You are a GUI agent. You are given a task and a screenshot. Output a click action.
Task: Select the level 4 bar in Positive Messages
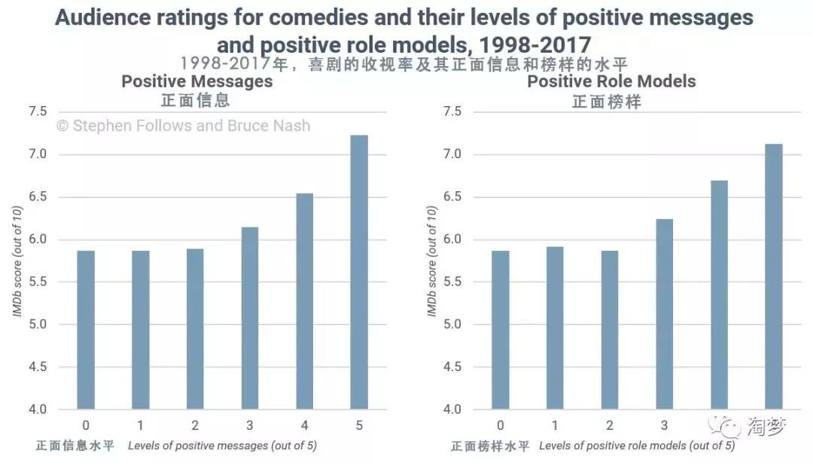(x=304, y=301)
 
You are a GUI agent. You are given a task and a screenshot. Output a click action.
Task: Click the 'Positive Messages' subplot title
(x=196, y=81)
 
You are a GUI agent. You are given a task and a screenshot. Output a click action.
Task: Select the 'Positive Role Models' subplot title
(x=611, y=81)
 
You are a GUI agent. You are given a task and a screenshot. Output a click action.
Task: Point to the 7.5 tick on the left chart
(x=37, y=112)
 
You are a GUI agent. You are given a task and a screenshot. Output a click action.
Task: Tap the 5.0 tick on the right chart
(x=452, y=325)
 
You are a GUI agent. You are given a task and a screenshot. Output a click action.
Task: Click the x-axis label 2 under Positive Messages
(x=195, y=425)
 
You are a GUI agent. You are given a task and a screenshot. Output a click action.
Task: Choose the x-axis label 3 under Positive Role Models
(x=664, y=425)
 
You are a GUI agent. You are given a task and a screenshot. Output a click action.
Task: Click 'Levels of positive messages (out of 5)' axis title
(x=222, y=446)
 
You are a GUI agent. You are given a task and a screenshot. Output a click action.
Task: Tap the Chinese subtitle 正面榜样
(x=606, y=101)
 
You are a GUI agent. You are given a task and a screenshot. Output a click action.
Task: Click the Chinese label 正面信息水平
(x=75, y=446)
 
